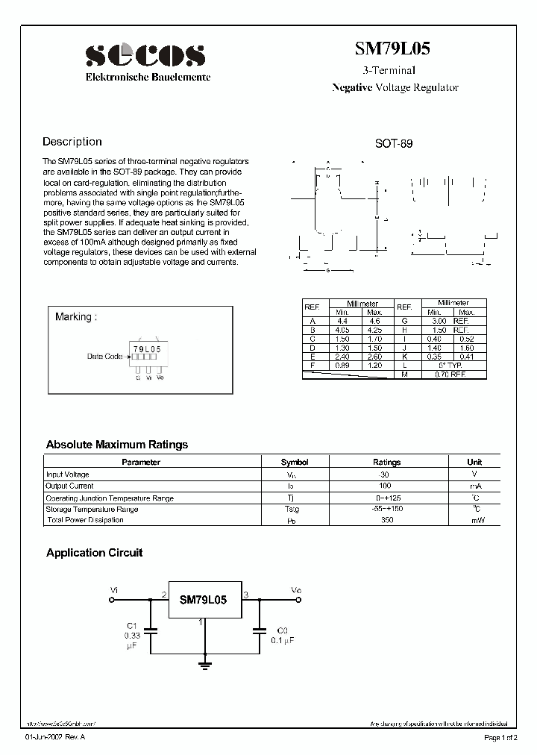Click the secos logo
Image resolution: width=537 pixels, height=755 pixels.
pyautogui.click(x=145, y=56)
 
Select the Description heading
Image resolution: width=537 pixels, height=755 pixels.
pyautogui.click(x=72, y=142)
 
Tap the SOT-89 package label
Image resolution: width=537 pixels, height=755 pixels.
pyautogui.click(x=393, y=144)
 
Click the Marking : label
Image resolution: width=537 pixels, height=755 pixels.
pyautogui.click(x=76, y=316)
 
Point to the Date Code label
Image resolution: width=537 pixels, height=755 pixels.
pyautogui.click(x=104, y=357)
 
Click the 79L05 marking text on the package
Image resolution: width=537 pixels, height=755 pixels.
pyautogui.click(x=146, y=348)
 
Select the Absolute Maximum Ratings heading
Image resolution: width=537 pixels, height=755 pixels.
pyautogui.click(x=117, y=445)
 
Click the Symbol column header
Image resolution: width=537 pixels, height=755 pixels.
pyautogui.click(x=295, y=463)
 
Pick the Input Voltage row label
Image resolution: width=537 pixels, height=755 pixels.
pyautogui.click(x=68, y=474)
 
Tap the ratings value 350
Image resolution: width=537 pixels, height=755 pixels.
pyautogui.click(x=386, y=521)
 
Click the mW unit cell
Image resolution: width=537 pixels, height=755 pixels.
pyautogui.click(x=474, y=521)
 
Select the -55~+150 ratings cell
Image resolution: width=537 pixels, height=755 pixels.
pyautogui.click(x=386, y=509)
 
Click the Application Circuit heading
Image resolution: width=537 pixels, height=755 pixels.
pyautogui.click(x=94, y=553)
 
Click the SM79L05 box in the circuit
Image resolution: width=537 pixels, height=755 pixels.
pyautogui.click(x=203, y=599)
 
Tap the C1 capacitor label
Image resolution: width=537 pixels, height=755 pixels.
pyautogui.click(x=131, y=625)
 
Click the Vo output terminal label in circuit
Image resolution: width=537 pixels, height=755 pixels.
pyautogui.click(x=296, y=590)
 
